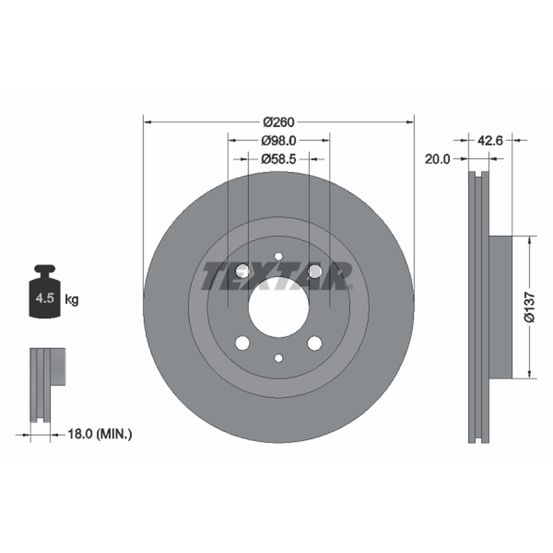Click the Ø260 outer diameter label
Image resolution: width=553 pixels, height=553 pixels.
point(279,122)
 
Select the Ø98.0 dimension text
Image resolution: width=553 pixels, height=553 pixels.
point(279,141)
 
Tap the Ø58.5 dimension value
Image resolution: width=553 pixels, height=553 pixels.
point(279,160)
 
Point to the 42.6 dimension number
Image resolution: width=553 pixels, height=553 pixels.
point(490,140)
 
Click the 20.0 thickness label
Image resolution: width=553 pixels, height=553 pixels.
point(438,160)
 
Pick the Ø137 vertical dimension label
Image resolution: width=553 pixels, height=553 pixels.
point(529,307)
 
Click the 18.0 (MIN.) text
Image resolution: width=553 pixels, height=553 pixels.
point(100,434)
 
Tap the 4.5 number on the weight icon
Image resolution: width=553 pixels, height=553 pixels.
point(45,299)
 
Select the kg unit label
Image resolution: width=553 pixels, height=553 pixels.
point(72,300)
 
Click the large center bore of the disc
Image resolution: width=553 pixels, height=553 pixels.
point(279,307)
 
